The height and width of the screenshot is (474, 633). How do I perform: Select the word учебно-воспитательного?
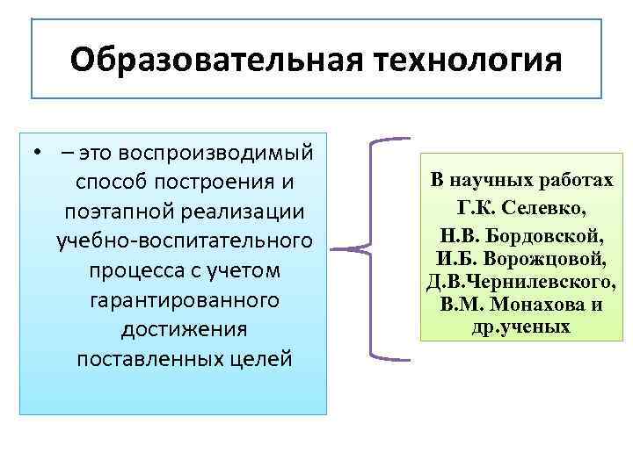[185, 241]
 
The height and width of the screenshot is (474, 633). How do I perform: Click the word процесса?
[132, 270]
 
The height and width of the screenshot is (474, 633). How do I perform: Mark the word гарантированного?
[185, 300]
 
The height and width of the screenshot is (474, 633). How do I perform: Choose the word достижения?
[185, 330]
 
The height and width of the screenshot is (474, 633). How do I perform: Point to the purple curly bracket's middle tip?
[338, 248]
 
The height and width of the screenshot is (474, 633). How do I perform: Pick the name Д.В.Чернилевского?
[521, 283]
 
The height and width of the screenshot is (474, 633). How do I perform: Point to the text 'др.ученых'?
[521, 328]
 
